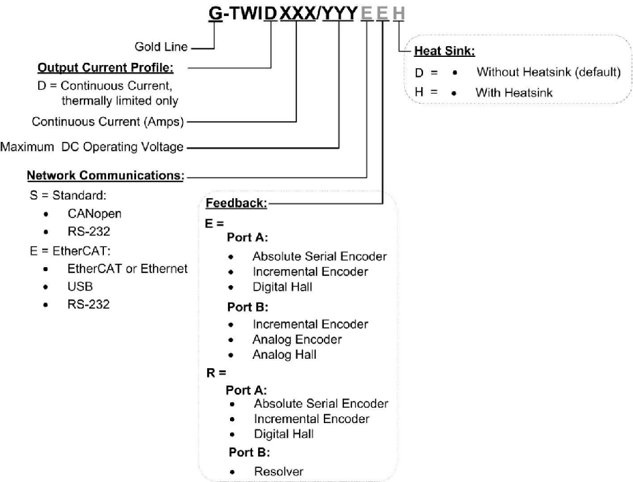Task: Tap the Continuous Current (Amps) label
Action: point(108,122)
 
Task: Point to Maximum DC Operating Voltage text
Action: point(92,147)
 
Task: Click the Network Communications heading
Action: point(106,176)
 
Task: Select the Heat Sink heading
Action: point(445,50)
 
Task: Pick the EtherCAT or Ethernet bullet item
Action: point(127,269)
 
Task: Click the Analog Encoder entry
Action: point(297,339)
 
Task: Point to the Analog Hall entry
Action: point(285,355)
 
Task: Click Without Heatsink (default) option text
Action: point(549,72)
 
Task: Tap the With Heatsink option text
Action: point(514,93)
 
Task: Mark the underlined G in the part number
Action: point(216,13)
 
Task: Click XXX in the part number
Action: point(297,13)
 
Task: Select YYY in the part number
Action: point(339,13)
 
